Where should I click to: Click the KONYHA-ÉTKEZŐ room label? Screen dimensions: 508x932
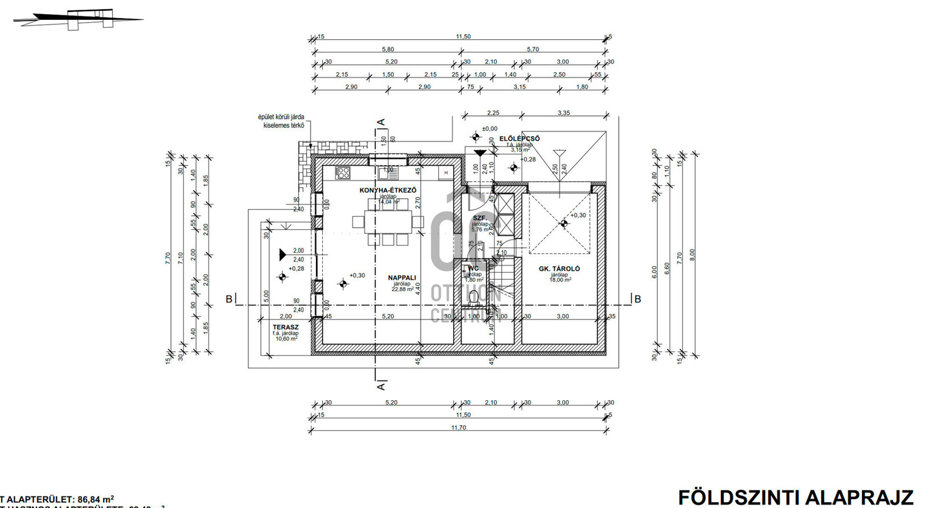coord(388,190)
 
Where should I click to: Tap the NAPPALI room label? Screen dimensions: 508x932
coord(402,278)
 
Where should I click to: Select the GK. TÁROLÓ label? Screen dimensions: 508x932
coord(559,269)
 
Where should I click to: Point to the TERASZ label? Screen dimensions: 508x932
coord(285,328)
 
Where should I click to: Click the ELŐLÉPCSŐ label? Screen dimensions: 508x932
coord(519,138)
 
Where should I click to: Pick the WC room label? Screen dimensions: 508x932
coord(473,268)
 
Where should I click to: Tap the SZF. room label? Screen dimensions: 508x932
coord(480,218)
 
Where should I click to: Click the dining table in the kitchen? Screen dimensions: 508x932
coord(388,222)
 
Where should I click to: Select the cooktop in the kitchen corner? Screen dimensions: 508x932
coord(342,173)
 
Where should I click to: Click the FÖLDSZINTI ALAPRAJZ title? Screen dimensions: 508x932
coord(796,497)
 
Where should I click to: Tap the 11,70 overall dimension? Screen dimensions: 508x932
coord(458,428)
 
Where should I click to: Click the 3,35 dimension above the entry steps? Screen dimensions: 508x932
coord(563,113)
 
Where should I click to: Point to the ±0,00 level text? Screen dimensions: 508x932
coord(489,129)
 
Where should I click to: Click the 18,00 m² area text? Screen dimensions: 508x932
coord(560,280)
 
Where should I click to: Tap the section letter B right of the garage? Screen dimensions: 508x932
coord(638,299)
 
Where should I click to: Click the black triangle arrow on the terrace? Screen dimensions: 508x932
coord(282,255)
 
